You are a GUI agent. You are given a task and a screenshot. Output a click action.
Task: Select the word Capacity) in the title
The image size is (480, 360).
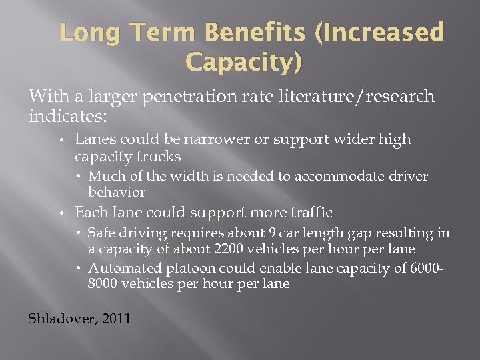243,63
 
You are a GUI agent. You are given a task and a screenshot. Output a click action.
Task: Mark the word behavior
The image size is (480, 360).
117,192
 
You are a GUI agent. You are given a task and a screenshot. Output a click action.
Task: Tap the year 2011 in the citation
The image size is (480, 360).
118,318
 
